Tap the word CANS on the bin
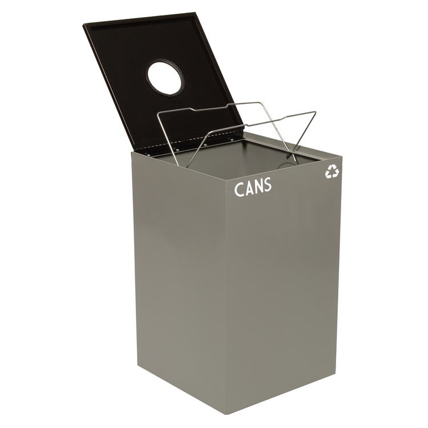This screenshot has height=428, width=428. pyautogui.click(x=253, y=187)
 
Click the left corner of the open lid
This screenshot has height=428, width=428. pyautogui.click(x=84, y=25)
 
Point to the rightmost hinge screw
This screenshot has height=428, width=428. pyautogui.click(x=232, y=140)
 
